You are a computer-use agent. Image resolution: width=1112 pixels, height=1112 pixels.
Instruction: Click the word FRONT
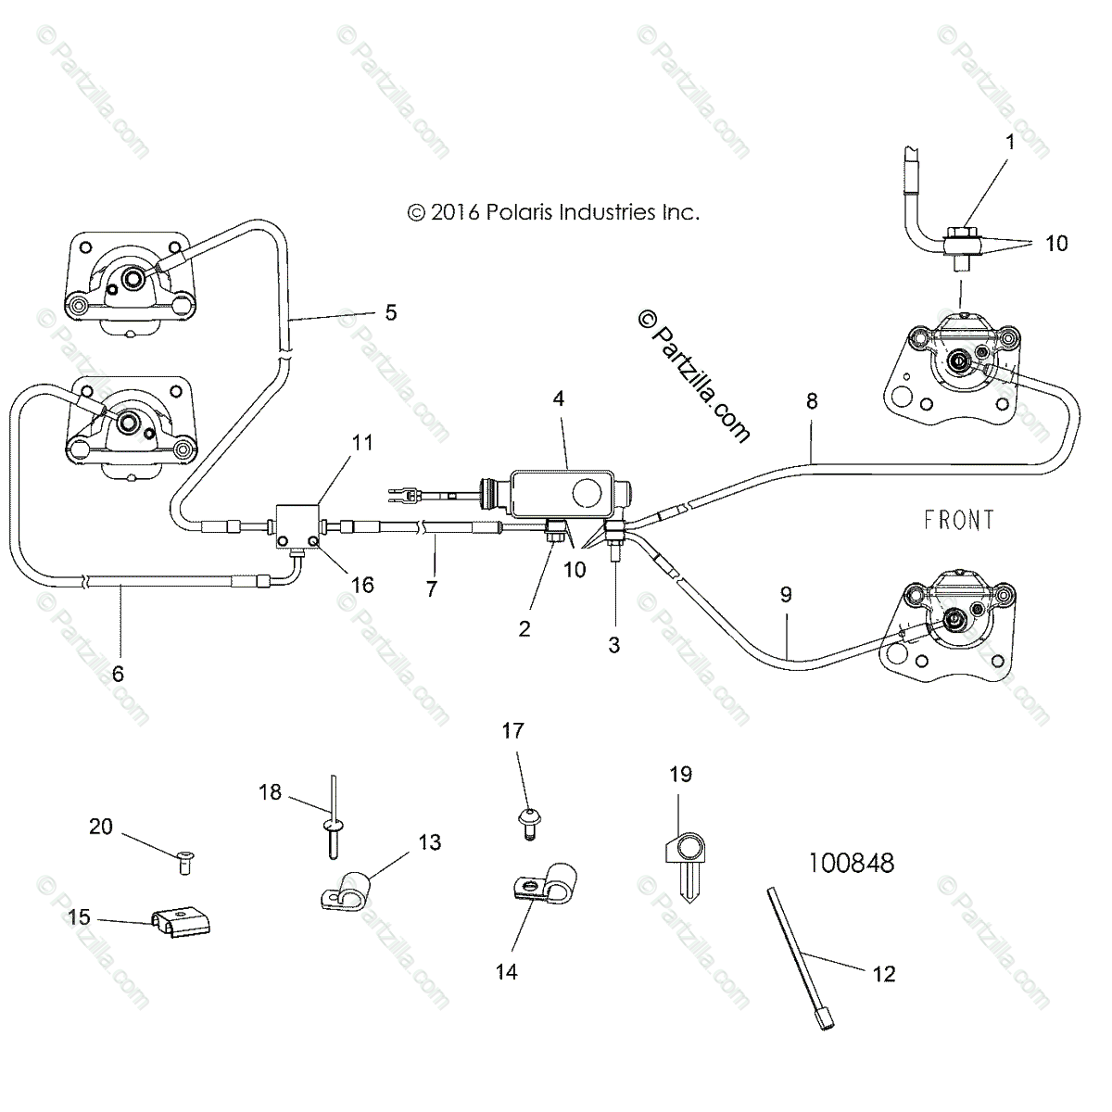point(958,520)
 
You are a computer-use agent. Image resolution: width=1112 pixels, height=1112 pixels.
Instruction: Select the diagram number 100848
point(851,863)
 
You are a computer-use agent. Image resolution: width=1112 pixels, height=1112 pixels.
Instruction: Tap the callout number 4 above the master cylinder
point(558,398)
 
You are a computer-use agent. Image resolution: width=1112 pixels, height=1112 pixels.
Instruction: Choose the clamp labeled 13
point(347,887)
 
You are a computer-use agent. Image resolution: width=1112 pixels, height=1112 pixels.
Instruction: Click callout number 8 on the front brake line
point(812,401)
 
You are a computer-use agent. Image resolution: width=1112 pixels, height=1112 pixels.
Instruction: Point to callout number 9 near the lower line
point(786,595)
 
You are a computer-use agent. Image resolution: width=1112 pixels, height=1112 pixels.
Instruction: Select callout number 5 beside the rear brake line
point(390,312)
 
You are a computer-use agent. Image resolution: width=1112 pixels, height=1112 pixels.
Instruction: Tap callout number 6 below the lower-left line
point(118,674)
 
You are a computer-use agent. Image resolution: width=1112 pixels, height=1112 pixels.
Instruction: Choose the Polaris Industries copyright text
point(552,212)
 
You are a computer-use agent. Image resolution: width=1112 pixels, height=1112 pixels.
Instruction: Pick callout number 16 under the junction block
point(361,585)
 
